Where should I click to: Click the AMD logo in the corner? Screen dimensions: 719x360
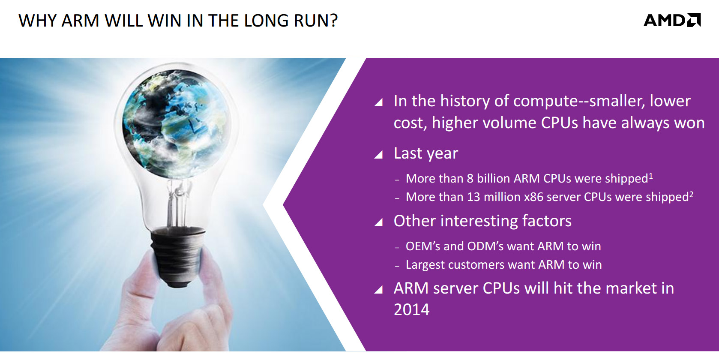[672, 20]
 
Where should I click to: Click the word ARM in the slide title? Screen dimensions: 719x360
[81, 21]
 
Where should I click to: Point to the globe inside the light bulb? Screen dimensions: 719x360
[177, 124]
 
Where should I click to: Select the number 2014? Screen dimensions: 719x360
[411, 310]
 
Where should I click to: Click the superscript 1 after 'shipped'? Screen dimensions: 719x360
[651, 175]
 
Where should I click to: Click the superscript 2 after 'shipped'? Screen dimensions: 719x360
[691, 194]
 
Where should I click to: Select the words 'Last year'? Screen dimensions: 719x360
[425, 153]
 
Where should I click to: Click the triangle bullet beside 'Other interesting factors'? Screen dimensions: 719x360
[378, 222]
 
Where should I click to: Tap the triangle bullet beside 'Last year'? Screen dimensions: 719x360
[378, 154]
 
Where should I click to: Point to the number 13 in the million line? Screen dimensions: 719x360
[473, 197]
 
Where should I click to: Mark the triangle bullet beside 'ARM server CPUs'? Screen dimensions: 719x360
[378, 289]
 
